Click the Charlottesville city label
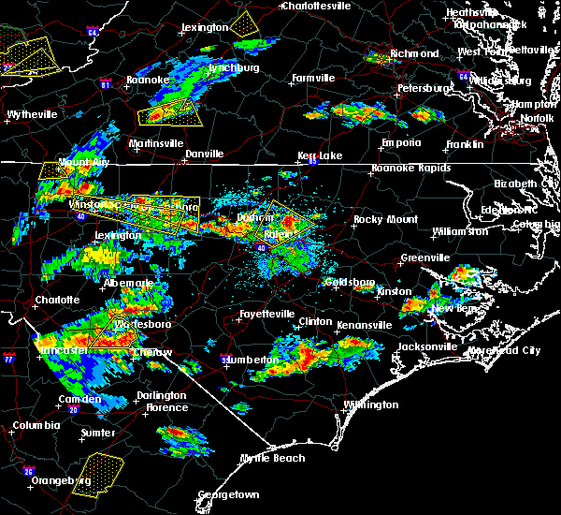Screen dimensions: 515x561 (317, 6)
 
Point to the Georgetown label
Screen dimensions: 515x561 (228, 494)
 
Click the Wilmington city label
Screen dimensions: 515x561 (370, 405)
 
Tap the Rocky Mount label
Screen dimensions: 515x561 (380, 219)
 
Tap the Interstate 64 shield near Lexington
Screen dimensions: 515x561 (93, 33)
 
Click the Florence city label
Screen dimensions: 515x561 (165, 407)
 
